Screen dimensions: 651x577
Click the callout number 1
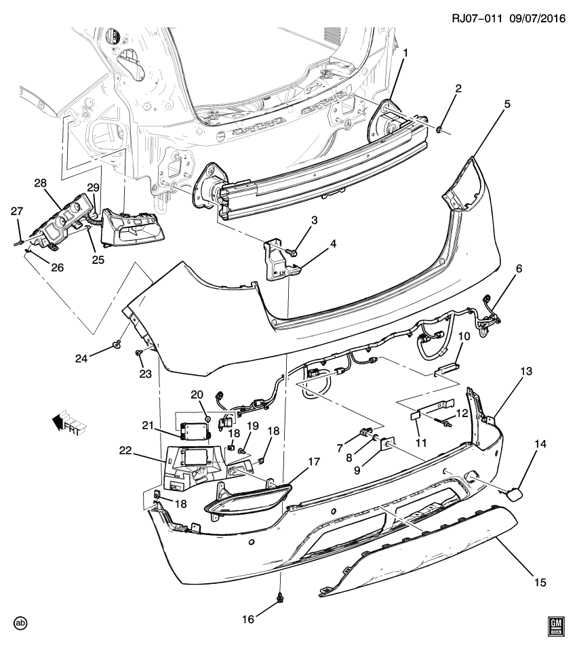[405, 53]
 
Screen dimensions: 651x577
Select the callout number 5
[508, 104]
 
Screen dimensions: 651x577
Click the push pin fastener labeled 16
[279, 598]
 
